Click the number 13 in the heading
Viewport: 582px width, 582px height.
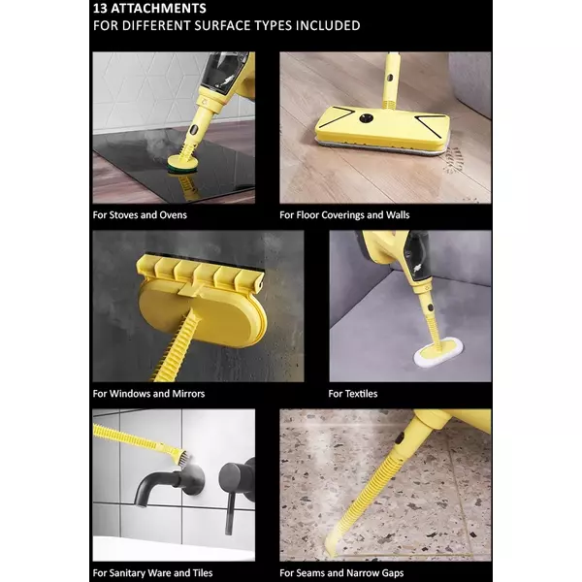point(100,8)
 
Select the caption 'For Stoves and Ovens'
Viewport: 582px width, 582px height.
point(140,215)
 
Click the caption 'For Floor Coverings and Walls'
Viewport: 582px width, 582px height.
point(344,215)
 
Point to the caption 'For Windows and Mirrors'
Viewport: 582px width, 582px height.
point(148,394)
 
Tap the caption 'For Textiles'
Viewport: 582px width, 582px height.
point(353,394)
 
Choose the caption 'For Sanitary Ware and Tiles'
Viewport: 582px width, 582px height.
point(152,572)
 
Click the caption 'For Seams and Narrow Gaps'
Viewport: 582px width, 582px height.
point(341,572)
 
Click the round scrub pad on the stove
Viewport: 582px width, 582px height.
point(181,164)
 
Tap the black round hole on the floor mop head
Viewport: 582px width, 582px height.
point(366,118)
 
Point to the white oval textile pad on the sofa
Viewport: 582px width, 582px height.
point(438,351)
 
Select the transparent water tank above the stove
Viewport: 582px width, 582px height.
point(227,71)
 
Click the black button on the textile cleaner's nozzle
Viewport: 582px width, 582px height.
point(430,307)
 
